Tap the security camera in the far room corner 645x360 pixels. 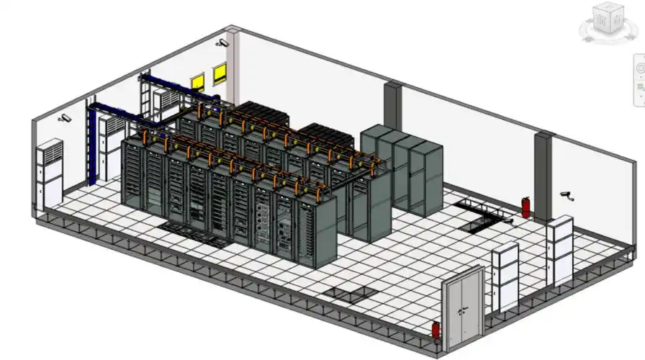pyautogui.click(x=222, y=43)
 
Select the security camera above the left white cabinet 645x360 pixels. pyautogui.click(x=66, y=117)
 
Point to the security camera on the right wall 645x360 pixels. pyautogui.click(x=567, y=194)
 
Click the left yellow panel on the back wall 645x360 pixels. pyautogui.click(x=197, y=81)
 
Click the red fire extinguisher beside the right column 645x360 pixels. pyautogui.click(x=526, y=208)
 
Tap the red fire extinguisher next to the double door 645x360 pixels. pyautogui.click(x=436, y=331)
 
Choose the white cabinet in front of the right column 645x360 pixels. pyautogui.click(x=559, y=249)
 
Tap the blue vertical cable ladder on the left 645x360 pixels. pyautogui.click(x=91, y=144)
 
